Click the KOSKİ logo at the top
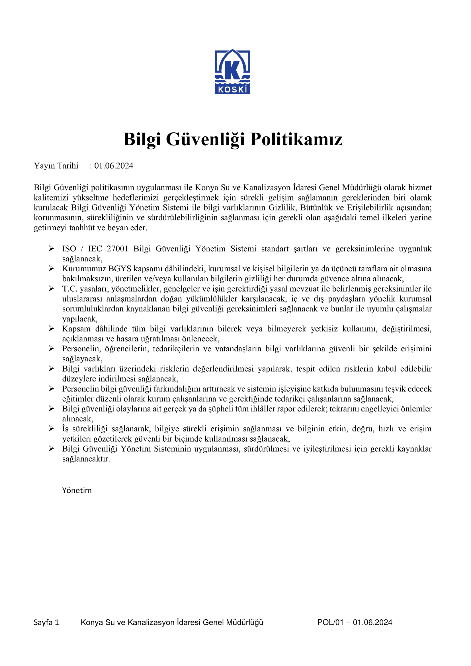[232, 72]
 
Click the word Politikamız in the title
[296, 139]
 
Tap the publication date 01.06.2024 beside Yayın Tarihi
[114, 166]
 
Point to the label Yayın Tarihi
[56, 166]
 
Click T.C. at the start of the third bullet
[69, 289]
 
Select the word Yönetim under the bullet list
[77, 491]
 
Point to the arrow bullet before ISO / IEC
[51, 249]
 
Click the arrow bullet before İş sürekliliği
[51, 429]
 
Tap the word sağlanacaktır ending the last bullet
[86, 459]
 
